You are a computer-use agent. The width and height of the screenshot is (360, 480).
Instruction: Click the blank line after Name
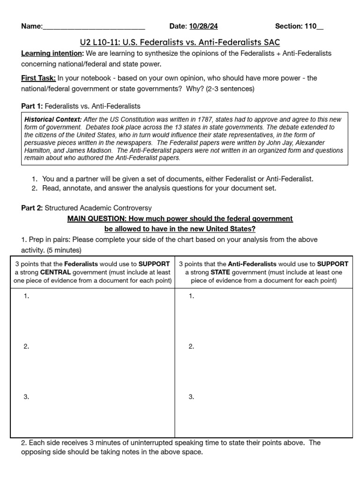point(94,27)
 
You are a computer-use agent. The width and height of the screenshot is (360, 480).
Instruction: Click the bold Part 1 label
point(31,106)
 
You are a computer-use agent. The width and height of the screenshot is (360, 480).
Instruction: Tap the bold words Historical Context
point(53,120)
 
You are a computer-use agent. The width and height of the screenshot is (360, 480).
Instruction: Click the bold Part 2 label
point(32,208)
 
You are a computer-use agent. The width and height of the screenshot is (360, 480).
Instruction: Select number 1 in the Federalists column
point(26,296)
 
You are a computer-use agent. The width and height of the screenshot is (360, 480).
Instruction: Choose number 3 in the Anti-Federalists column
point(191,397)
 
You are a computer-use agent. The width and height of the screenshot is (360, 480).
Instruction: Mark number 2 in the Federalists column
point(26,346)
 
